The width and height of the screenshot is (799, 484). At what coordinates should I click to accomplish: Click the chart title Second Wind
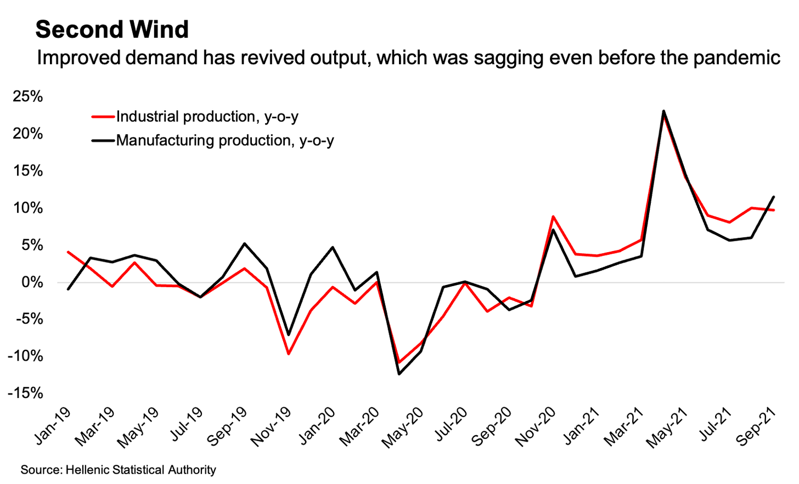pyautogui.click(x=112, y=30)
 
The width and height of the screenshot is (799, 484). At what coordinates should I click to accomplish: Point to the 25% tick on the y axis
pyautogui.click(x=28, y=97)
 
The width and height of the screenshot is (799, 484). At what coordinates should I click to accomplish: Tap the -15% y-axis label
pyautogui.click(x=25, y=393)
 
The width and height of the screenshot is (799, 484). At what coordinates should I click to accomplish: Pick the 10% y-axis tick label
pyautogui.click(x=28, y=208)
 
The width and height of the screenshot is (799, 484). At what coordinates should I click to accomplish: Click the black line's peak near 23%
pyautogui.click(x=663, y=111)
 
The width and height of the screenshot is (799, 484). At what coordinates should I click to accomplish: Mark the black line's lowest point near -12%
pyautogui.click(x=399, y=374)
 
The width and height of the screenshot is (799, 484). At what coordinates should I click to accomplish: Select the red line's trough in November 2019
pyautogui.click(x=288, y=354)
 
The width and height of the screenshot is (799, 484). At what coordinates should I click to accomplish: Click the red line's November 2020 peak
pyautogui.click(x=553, y=217)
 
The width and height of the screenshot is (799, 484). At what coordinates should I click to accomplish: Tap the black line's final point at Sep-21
pyautogui.click(x=774, y=197)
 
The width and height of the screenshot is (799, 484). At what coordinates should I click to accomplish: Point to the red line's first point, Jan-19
pyautogui.click(x=67, y=252)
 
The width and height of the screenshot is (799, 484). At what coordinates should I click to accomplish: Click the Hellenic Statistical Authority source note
pyautogui.click(x=118, y=470)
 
